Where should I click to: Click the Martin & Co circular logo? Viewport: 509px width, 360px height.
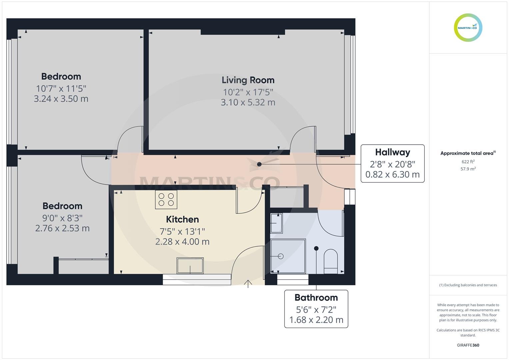[468, 28]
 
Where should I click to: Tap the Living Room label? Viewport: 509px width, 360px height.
[248, 80]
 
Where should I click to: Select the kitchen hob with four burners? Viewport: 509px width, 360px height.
[166, 199]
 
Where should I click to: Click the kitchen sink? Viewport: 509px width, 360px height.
[190, 266]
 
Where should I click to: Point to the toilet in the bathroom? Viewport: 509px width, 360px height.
[331, 261]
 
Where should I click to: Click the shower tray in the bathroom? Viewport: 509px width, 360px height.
[288, 256]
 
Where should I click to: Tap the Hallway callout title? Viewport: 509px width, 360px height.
[392, 152]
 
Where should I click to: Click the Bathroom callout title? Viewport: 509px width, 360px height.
[316, 297]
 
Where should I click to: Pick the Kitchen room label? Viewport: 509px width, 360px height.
[182, 219]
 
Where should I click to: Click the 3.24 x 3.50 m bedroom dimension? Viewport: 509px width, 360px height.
[61, 99]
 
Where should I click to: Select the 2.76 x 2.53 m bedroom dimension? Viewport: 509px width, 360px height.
[62, 228]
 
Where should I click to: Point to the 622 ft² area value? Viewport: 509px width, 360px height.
[468, 162]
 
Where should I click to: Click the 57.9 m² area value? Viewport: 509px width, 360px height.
[468, 169]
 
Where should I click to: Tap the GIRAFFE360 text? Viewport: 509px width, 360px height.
[468, 345]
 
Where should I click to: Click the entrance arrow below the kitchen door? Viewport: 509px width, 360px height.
[248, 283]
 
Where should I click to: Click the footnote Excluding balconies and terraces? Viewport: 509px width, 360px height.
[468, 285]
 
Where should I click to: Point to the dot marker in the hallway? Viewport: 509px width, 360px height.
[259, 164]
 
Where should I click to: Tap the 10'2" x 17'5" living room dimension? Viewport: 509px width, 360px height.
[248, 92]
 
